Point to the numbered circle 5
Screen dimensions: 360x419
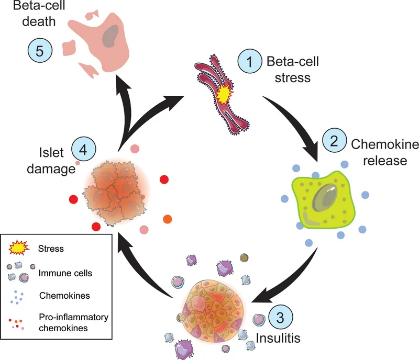point(40,51)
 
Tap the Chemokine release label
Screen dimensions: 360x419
point(378,152)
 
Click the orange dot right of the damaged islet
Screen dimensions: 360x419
point(168,219)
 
